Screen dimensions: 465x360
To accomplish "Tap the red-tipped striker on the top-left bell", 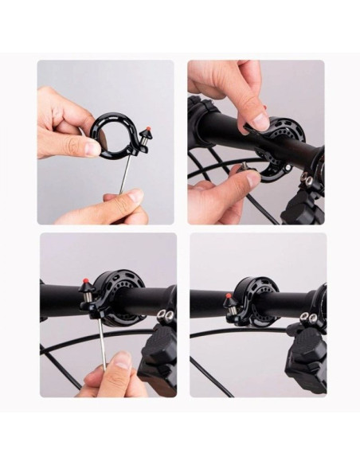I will pyautogui.click(x=147, y=130).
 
